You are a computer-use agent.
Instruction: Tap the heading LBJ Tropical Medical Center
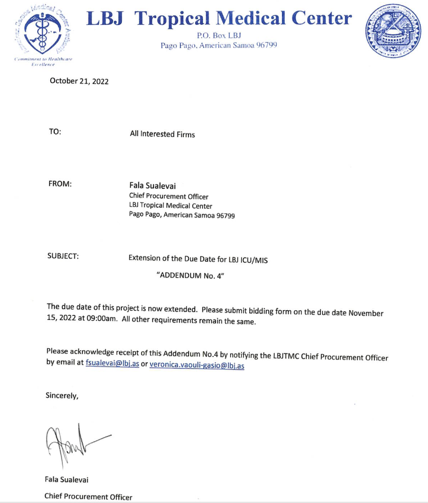pyautogui.click(x=219, y=18)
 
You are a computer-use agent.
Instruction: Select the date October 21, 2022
pyautogui.click(x=79, y=81)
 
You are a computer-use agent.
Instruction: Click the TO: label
pyautogui.click(x=55, y=131)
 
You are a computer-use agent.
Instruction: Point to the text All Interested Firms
pyautogui.click(x=162, y=134)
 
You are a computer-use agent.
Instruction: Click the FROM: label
pyautogui.click(x=61, y=184)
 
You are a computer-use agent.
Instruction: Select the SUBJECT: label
pyautogui.click(x=63, y=256)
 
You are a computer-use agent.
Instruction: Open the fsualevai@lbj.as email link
pyautogui.click(x=112, y=364)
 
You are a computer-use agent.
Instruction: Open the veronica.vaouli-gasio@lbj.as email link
pyautogui.click(x=197, y=365)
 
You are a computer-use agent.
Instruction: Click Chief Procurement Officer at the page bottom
pyautogui.click(x=89, y=497)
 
